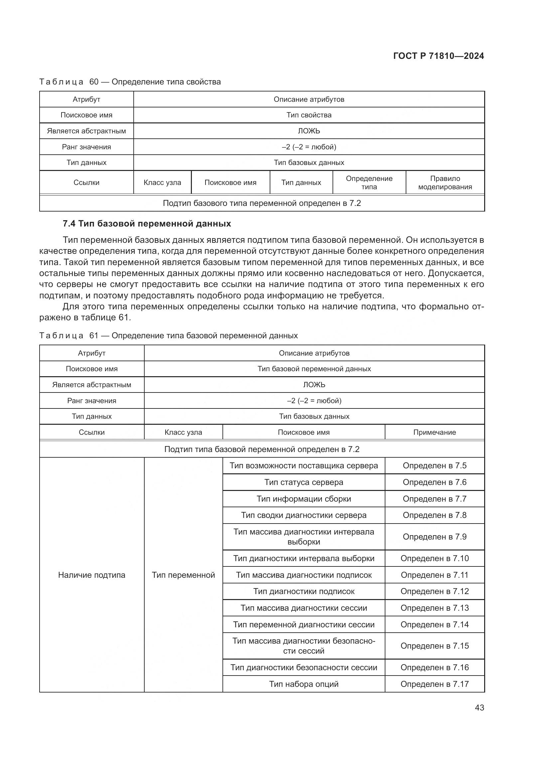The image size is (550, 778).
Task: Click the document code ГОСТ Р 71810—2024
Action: (438, 56)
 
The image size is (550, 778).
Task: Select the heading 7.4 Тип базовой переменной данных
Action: (147, 224)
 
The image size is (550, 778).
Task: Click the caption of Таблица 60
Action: (130, 82)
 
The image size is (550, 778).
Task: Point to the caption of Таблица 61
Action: (168, 336)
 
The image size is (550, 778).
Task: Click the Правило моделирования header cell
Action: (445, 183)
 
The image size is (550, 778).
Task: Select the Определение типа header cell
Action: (369, 183)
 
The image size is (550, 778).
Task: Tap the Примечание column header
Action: (434, 432)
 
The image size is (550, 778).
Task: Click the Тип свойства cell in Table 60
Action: (309, 115)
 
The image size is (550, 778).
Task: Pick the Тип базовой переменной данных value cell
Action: (314, 369)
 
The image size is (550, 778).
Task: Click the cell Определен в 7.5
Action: (434, 466)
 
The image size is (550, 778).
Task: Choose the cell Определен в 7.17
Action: (434, 684)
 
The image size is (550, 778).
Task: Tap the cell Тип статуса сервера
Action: (304, 482)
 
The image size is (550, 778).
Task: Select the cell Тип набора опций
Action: (304, 684)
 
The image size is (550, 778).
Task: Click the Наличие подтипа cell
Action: (91, 575)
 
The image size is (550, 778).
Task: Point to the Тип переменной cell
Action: (183, 575)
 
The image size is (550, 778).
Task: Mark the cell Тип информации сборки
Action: (304, 499)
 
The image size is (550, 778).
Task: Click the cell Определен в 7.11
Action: (434, 575)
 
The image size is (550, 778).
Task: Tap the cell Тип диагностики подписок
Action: (304, 591)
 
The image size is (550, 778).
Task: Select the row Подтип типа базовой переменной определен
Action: (261, 449)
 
